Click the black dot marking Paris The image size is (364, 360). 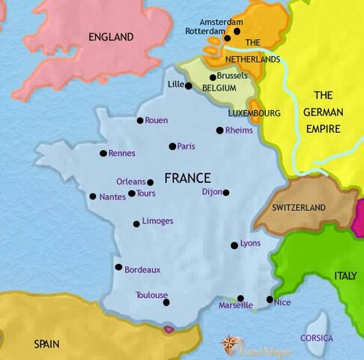pyautogui.click(x=172, y=146)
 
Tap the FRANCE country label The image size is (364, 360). pyautogui.click(x=187, y=178)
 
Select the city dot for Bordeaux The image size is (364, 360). pyautogui.click(x=118, y=266)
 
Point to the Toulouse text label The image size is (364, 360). pyautogui.click(x=151, y=295)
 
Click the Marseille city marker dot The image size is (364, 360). pyautogui.click(x=240, y=298)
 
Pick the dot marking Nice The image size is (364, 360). pyautogui.click(x=270, y=299)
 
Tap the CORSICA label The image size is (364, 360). pyautogui.click(x=317, y=337)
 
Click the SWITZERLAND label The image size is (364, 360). pyautogui.click(x=299, y=207)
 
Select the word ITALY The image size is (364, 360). pyautogui.click(x=345, y=276)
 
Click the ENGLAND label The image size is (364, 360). pyautogui.click(x=111, y=37)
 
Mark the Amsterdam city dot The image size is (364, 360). pyautogui.click(x=237, y=31)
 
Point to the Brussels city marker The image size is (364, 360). pyautogui.click(x=213, y=77)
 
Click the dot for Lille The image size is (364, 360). pyautogui.click(x=189, y=85)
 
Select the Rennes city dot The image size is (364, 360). pyautogui.click(x=103, y=153)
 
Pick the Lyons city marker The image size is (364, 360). pyautogui.click(x=234, y=245)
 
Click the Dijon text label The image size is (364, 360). pyautogui.click(x=212, y=192)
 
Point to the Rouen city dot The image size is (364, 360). pyautogui.click(x=140, y=120)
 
